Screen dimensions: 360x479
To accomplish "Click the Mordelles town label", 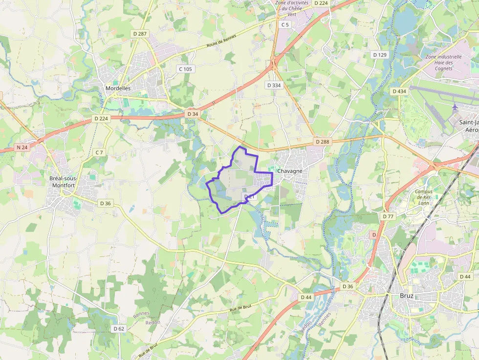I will coord(118,88).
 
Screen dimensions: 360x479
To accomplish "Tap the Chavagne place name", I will coord(289,171).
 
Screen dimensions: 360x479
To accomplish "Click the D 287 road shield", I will coord(140,34).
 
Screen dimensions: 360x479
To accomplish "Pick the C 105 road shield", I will coord(185,69).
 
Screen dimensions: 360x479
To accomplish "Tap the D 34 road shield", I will coord(193,114).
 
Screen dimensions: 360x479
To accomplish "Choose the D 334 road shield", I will coord(274,85).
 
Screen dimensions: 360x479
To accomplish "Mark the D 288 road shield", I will coord(322,142).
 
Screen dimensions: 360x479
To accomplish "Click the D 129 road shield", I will coord(380,55).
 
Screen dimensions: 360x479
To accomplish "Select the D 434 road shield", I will coord(399,91).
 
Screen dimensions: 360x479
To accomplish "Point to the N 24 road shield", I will coord(22,147).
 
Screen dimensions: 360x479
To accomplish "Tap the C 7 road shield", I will coord(99,152).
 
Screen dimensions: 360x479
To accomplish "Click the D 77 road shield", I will coord(388,216).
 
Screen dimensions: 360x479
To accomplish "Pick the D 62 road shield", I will coord(119,329).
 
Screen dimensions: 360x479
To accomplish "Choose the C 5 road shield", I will coord(285,24).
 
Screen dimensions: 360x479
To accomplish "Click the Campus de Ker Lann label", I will coord(423,197).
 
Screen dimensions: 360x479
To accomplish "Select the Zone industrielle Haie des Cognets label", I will coord(443,63).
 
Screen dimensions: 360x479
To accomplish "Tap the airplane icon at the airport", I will coord(456,106).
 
